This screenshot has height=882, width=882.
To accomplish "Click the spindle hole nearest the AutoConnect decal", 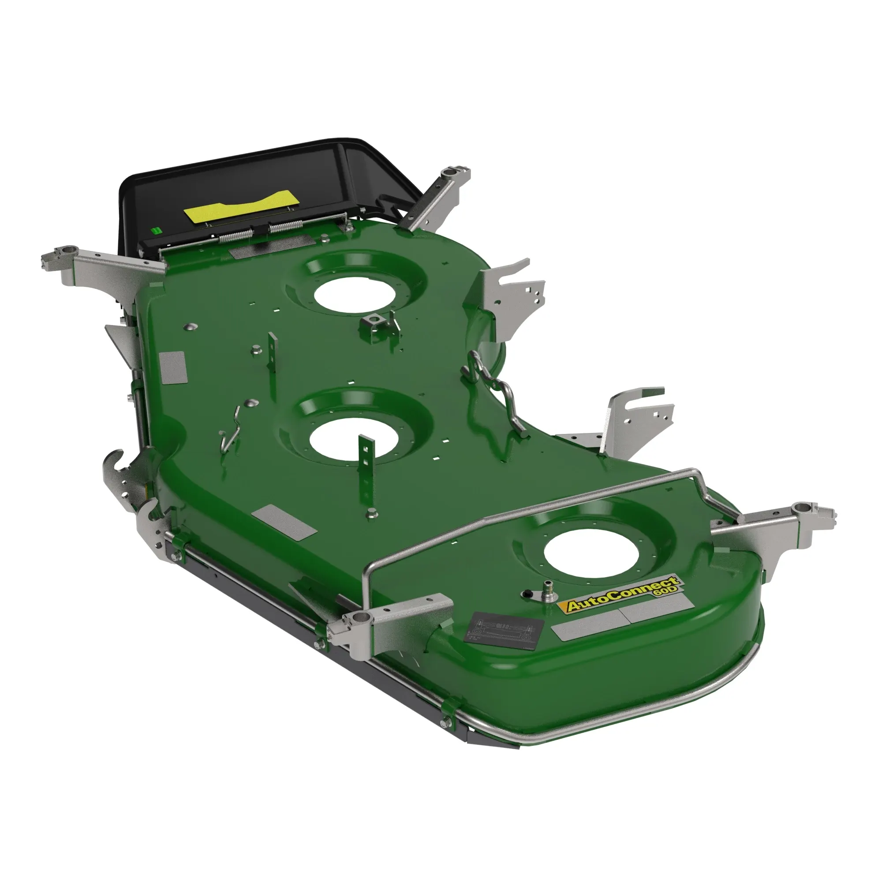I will (591, 555).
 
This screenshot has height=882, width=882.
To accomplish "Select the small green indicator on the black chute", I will (156, 231).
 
